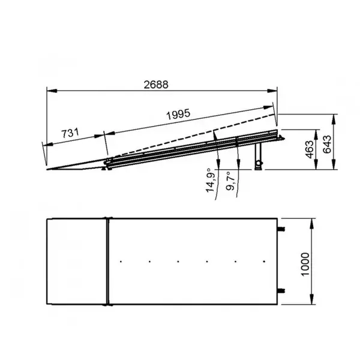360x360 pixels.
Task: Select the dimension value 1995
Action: (180, 114)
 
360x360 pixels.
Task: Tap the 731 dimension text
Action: (70, 133)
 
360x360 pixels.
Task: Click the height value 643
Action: (328, 143)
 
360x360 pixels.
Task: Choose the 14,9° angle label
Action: (211, 180)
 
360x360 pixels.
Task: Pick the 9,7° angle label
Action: (232, 180)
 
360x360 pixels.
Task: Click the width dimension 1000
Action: (306, 262)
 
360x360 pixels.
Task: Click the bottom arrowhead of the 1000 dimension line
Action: (312, 302)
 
